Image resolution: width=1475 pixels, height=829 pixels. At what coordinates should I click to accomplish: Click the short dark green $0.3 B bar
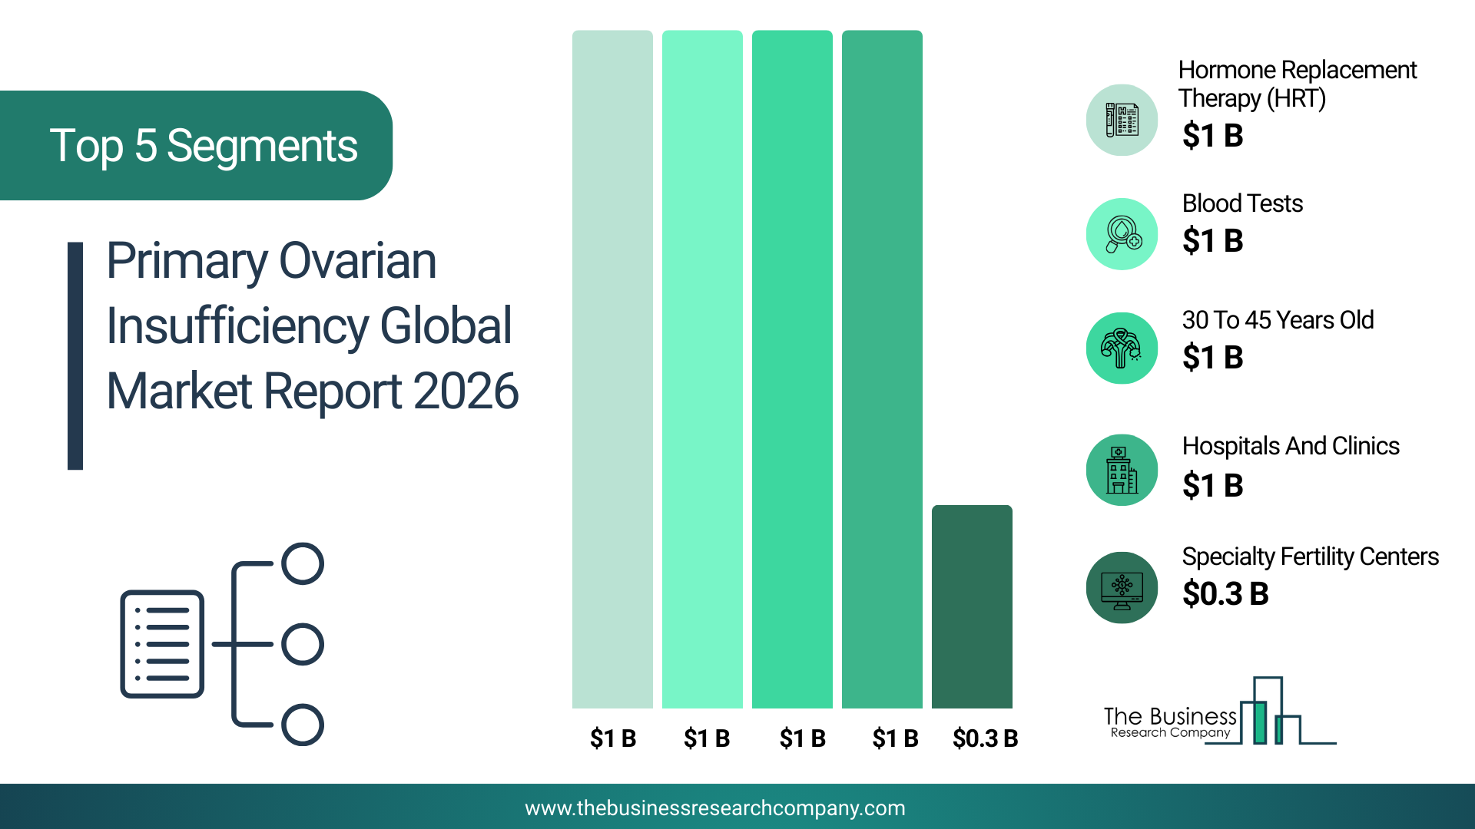pos(972,606)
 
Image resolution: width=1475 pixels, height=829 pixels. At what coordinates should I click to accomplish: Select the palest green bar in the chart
pos(612,369)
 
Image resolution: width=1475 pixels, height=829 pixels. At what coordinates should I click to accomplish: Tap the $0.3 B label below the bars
pos(985,738)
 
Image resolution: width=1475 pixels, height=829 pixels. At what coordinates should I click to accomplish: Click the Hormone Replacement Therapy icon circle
pos(1122,121)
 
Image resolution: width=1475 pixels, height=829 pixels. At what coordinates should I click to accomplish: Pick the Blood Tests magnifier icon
pos(1122,234)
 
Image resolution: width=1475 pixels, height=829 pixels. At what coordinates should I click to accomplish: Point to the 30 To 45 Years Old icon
pos(1122,348)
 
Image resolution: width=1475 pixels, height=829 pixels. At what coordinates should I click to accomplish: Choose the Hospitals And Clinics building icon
pos(1122,470)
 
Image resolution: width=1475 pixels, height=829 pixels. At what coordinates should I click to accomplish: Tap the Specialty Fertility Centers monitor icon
pos(1122,588)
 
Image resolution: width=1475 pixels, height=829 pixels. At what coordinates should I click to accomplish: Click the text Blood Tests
pos(1242,203)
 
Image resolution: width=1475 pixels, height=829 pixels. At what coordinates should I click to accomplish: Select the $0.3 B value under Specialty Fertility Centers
pos(1225,593)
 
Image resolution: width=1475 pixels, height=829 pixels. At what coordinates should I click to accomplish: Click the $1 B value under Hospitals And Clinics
pos(1212,485)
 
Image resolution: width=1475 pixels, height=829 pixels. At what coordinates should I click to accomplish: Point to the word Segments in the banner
pos(262,146)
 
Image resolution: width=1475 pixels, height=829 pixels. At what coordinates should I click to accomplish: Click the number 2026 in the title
pos(466,391)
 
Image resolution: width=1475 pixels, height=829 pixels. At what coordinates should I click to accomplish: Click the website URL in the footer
pos(715,808)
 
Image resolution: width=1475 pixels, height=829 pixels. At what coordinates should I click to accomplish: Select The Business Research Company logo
pos(1220,712)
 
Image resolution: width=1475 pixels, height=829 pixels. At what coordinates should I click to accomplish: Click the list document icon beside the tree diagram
pos(162,644)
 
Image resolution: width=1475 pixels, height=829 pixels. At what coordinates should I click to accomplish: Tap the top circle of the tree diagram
pos(303,563)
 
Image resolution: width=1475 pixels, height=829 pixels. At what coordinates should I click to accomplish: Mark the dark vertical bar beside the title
pos(75,356)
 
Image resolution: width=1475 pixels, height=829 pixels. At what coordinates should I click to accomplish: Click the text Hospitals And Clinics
pos(1291,446)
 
